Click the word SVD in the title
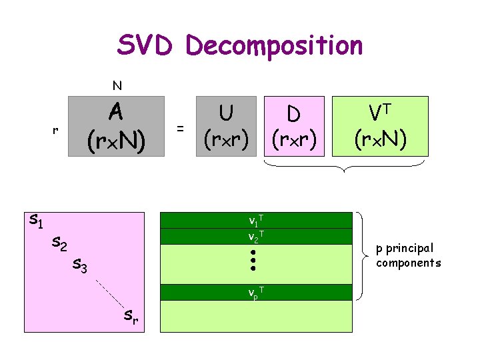[145, 46]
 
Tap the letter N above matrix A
[117, 85]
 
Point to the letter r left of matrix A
[55, 131]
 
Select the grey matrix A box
[117, 126]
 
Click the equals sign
[179, 127]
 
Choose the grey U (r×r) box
[226, 126]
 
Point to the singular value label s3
[79, 267]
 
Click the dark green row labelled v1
[257, 220]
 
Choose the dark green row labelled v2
[257, 236]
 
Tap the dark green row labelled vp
[257, 292]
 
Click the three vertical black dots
[253, 260]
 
